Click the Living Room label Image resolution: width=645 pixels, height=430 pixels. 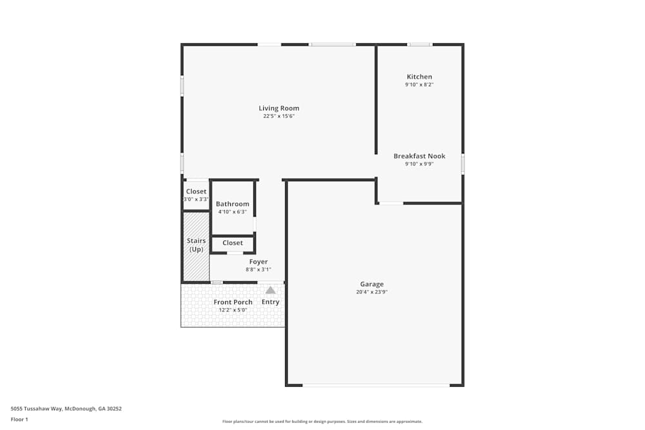tap(279, 108)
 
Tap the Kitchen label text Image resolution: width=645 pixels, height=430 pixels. tap(419, 77)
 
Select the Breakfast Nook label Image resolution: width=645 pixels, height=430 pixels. tap(419, 156)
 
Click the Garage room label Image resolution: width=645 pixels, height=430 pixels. tap(372, 284)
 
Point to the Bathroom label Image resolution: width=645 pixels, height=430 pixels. tap(232, 204)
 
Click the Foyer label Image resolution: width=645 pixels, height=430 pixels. tap(258, 262)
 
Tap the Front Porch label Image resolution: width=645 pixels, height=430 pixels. tap(233, 302)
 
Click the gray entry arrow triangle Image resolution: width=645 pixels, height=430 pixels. tap(270, 290)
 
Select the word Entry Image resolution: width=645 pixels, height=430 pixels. tap(270, 302)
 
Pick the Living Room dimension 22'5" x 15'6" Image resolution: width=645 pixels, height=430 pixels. tap(279, 117)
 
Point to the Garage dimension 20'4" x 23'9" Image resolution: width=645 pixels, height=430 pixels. tap(372, 292)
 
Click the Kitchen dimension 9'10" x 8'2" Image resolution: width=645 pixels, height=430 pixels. tap(419, 84)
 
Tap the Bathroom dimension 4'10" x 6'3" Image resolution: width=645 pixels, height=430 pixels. tap(232, 211)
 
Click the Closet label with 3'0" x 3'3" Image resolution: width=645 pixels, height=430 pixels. tap(196, 191)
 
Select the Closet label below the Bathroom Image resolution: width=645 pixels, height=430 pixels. tap(232, 243)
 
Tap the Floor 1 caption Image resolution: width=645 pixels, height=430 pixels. tap(19, 419)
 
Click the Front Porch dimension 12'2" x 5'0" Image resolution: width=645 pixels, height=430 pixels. tap(233, 310)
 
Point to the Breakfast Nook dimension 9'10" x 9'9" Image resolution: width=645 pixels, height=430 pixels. tap(419, 164)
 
